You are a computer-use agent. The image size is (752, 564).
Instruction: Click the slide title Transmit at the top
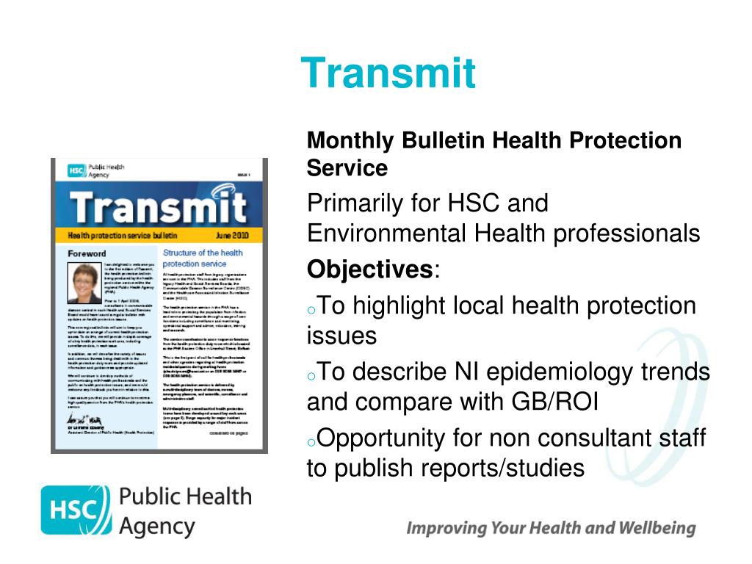pyautogui.click(x=388, y=73)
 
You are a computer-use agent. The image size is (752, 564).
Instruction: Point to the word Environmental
pyautogui.click(x=386, y=234)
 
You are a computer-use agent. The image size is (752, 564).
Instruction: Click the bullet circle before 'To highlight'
pyautogui.click(x=312, y=309)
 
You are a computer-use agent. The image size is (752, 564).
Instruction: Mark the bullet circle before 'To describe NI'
pyautogui.click(x=312, y=376)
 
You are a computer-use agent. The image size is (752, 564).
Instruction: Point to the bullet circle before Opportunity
pyautogui.click(x=312, y=442)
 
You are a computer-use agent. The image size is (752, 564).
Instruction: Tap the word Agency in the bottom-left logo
pyautogui.click(x=157, y=526)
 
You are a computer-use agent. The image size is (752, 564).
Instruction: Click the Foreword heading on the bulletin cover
pyautogui.click(x=87, y=253)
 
